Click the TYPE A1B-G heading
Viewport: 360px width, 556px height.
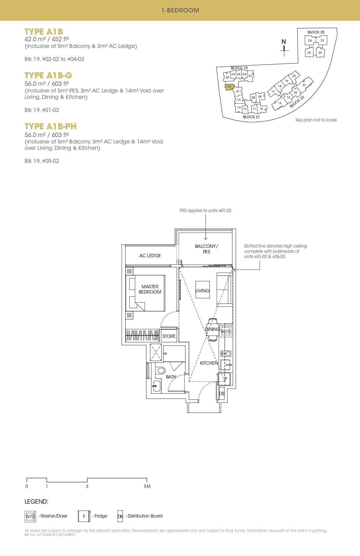(x=48, y=75)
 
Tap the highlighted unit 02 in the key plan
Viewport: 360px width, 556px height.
(x=229, y=87)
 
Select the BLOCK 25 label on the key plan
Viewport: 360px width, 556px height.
(x=316, y=32)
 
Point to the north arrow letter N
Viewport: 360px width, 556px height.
(x=284, y=42)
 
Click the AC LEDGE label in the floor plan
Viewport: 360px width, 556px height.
(x=150, y=256)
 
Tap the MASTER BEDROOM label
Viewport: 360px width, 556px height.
(x=150, y=289)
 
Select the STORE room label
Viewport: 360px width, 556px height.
(x=169, y=336)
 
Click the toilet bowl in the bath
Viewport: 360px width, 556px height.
(x=160, y=370)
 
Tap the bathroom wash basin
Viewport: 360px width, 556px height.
(x=156, y=385)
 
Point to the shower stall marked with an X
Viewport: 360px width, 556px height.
(x=156, y=352)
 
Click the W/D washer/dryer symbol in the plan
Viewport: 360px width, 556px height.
(x=226, y=331)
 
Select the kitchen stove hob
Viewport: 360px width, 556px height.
(x=226, y=354)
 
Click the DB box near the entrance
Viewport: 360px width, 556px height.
(x=221, y=393)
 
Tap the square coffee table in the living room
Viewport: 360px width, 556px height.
(x=202, y=290)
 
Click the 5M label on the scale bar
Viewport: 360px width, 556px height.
(x=147, y=486)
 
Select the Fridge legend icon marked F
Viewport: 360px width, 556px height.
(x=84, y=516)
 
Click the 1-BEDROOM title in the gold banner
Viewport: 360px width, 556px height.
(x=180, y=10)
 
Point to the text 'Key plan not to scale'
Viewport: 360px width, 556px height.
(x=316, y=120)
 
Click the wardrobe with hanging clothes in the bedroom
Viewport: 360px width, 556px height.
(x=142, y=335)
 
